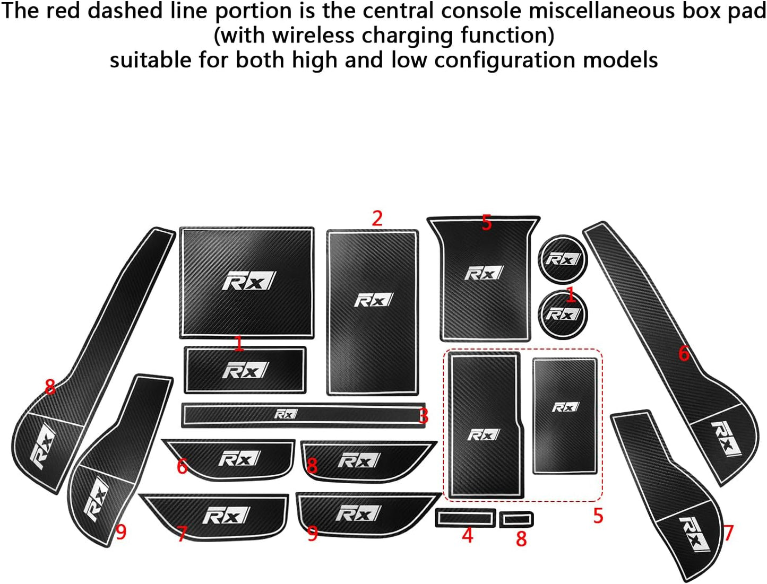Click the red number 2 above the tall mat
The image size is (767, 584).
tap(377, 219)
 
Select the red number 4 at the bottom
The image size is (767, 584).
tap(467, 536)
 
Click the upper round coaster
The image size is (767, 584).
tap(563, 259)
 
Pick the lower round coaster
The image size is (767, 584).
tap(563, 314)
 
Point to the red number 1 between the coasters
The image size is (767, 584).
tap(570, 294)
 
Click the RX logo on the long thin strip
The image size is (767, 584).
tap(286, 414)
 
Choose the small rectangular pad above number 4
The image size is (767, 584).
tap(466, 518)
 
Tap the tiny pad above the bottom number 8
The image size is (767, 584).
tap(516, 519)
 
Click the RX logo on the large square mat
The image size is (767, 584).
tap(248, 282)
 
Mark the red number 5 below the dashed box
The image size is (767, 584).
tap(598, 516)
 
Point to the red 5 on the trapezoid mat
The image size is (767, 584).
tap(486, 223)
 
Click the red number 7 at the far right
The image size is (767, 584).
tap(728, 533)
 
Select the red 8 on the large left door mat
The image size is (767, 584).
tap(50, 387)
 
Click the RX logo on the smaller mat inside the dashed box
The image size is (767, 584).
tap(565, 407)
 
